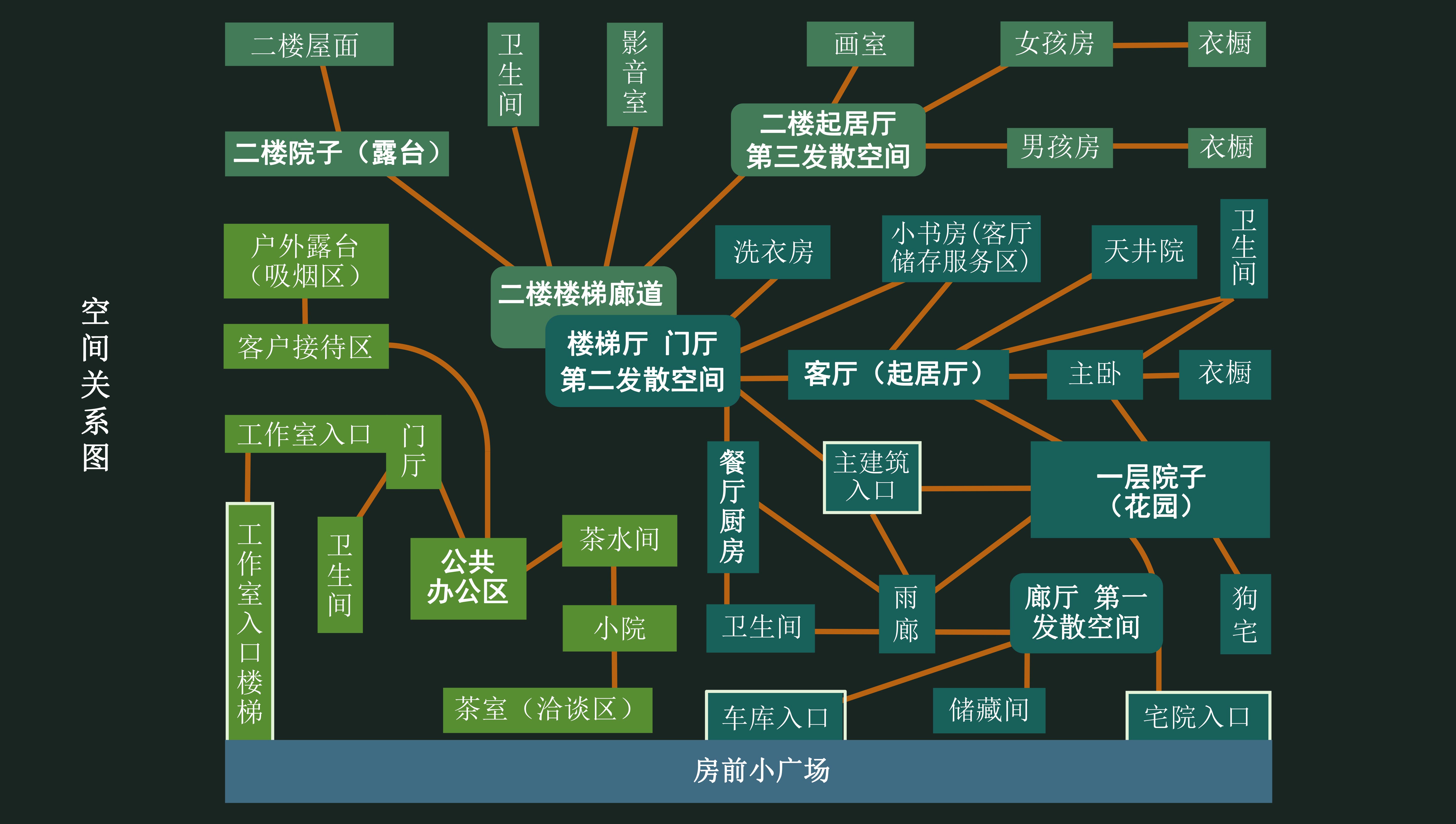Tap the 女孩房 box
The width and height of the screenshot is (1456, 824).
tap(1056, 44)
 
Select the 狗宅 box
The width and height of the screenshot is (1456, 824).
tap(1245, 614)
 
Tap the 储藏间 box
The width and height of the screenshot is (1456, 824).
tap(988, 710)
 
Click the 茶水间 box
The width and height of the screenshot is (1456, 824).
tap(619, 540)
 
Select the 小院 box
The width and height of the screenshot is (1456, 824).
tap(619, 628)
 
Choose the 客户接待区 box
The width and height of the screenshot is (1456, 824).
tap(306, 346)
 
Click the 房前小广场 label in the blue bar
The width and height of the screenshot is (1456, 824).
tap(761, 771)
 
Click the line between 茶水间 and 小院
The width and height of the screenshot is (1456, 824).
tap(614, 586)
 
